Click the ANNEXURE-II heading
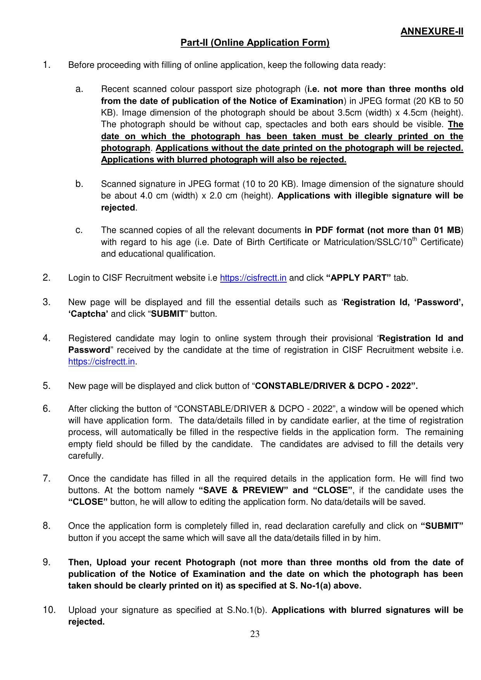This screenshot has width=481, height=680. (x=432, y=31)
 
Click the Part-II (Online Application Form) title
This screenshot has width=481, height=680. (x=255, y=43)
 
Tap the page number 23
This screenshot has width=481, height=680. (x=255, y=634)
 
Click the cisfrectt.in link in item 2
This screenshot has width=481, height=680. (x=253, y=278)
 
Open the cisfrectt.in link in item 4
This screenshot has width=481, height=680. (x=102, y=362)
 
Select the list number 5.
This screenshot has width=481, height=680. (x=47, y=386)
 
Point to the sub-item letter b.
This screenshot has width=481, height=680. (x=79, y=183)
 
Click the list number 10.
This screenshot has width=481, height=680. (x=49, y=610)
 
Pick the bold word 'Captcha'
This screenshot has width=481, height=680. (x=88, y=314)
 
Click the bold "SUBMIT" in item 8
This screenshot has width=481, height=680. (x=442, y=526)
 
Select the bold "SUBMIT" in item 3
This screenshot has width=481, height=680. (x=167, y=314)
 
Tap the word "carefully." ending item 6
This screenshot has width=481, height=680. (x=86, y=456)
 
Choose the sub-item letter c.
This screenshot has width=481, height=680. (x=79, y=230)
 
